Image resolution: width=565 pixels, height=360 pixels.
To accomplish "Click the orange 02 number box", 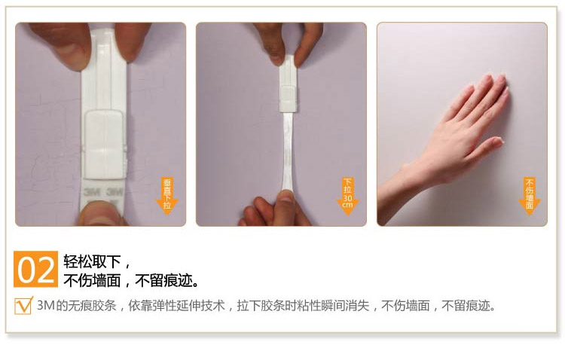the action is pos(35,269).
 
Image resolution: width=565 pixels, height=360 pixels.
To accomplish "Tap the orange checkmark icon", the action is pos(24,306).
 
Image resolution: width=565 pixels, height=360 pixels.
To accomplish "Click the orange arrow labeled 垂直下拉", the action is pos(167,196).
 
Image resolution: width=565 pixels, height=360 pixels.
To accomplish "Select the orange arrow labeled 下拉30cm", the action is pos(348,197).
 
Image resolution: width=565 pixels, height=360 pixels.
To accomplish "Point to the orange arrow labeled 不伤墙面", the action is pos(530,196).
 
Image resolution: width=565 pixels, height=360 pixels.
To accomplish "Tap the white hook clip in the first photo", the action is pos(105,144).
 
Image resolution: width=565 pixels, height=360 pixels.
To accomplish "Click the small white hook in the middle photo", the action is pos(288,99).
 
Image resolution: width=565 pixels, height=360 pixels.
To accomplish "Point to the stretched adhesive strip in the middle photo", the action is pos(288,151).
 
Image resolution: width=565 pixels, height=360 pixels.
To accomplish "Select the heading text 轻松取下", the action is pos(92,261).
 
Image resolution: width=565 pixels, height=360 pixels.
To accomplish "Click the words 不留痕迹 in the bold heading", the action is pos(164,280).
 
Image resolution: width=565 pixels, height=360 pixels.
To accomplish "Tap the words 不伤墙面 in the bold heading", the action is pos(92,280).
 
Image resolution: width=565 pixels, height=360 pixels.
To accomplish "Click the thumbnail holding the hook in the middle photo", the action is pos(276,57).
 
